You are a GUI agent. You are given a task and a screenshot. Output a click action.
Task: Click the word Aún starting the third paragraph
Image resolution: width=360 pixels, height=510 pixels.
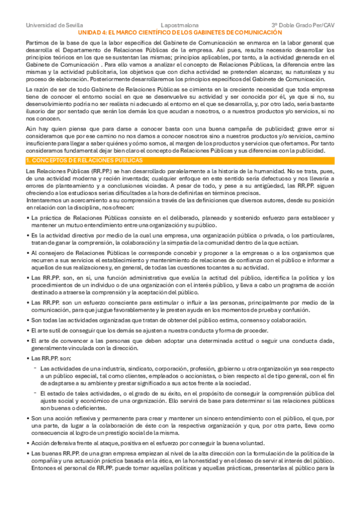(x=31, y=128)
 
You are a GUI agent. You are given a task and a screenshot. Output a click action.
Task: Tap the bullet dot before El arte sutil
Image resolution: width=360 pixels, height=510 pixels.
(x=28, y=330)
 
